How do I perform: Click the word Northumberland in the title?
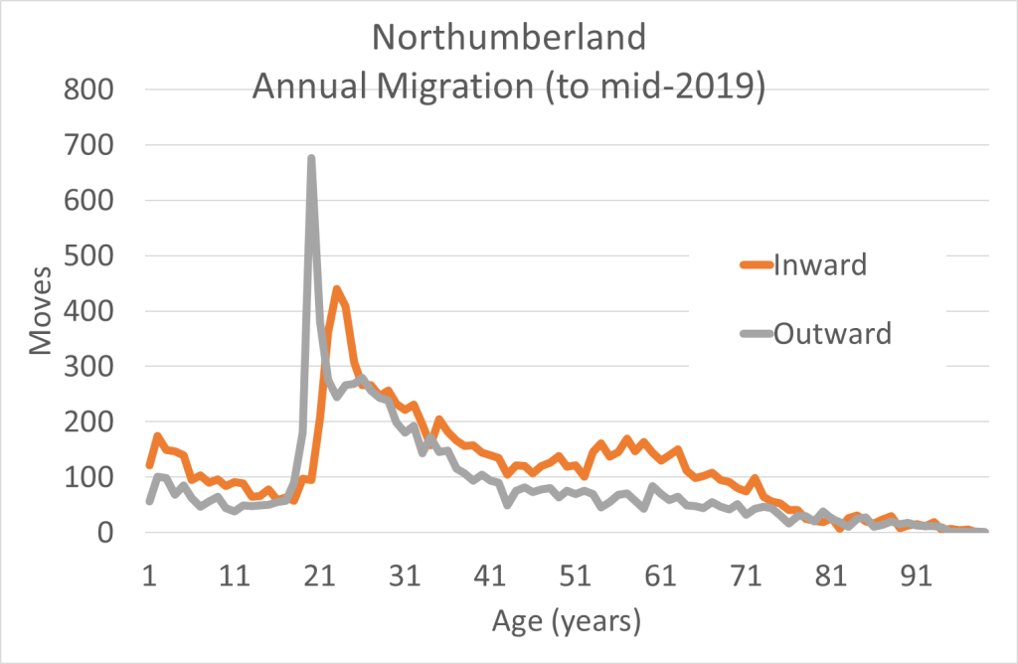pyautogui.click(x=509, y=39)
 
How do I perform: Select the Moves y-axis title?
pyautogui.click(x=41, y=310)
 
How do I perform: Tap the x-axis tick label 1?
pyautogui.click(x=149, y=576)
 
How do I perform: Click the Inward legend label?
pyautogui.click(x=821, y=265)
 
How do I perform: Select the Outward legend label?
pyautogui.click(x=832, y=332)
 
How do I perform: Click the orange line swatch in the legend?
pyautogui.click(x=755, y=265)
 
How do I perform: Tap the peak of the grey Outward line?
pyautogui.click(x=311, y=158)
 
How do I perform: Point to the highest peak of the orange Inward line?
pyautogui.click(x=337, y=289)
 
